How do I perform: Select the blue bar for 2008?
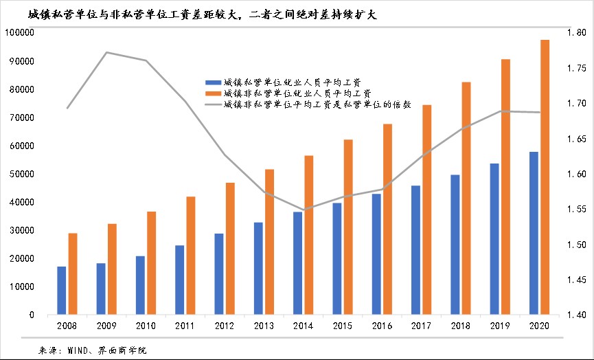[62, 291]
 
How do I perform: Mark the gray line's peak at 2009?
[106, 52]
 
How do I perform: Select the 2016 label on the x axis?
[382, 326]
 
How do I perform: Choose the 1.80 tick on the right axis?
[575, 33]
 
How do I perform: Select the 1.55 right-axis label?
[575, 209]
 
